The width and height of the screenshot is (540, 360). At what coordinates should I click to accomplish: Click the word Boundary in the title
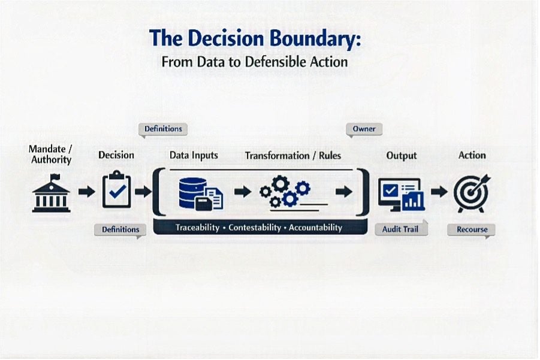pos(315,38)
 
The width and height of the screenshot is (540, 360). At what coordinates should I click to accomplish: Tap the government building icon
pos(51,193)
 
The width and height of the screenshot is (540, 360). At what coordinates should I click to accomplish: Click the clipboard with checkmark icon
pos(116,189)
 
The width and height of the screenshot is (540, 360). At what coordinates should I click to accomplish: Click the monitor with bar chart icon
pos(401,195)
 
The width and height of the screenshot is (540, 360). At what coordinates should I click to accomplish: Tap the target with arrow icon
pos(472,193)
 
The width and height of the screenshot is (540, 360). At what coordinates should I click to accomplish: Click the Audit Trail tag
pos(401,229)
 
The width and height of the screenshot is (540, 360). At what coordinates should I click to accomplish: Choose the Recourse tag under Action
pos(472,230)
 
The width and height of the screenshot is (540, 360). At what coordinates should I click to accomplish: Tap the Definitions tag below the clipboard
pos(120,230)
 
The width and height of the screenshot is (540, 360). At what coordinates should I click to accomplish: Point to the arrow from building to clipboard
pos(86,191)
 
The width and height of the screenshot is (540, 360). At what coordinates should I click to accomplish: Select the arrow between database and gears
pos(243,191)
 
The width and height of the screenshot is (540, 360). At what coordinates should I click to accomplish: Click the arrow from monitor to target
pos(439,191)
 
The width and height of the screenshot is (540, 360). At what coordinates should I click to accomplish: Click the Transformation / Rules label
pos(292,156)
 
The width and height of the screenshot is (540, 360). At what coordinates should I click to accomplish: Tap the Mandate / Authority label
pos(50,154)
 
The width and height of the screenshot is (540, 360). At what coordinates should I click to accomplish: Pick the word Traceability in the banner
pos(197,228)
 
